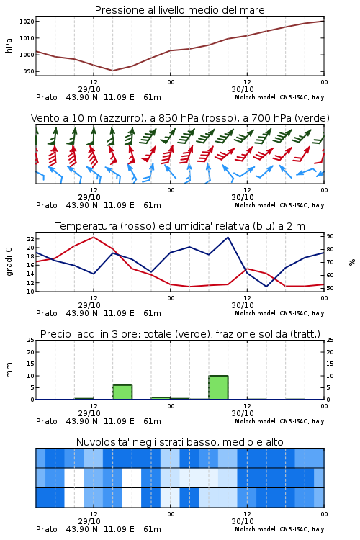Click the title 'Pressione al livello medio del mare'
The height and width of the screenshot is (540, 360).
[x=179, y=10]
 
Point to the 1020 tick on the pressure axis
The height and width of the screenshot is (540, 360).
[x=27, y=22]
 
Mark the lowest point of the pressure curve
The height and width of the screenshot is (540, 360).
[x=112, y=71]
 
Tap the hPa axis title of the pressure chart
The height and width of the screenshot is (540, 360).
[x=9, y=45]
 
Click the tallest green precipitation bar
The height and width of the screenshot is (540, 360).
[x=218, y=387]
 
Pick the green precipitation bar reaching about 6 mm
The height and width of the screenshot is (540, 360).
[x=122, y=392]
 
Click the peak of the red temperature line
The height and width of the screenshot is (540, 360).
[x=94, y=237]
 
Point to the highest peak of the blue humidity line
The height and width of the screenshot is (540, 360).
[x=228, y=237]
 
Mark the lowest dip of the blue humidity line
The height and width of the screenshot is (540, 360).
[x=266, y=287]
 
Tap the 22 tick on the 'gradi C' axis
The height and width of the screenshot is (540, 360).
[x=31, y=239]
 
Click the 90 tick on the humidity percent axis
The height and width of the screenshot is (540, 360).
[x=330, y=236]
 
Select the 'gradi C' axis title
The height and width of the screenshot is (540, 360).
[x=9, y=262]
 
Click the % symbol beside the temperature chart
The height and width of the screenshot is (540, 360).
[x=352, y=262]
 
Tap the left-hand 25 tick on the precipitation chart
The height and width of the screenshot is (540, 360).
[x=31, y=340]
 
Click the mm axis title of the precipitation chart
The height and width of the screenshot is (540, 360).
[x=9, y=370]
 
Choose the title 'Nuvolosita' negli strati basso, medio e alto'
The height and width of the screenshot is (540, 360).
[x=179, y=442]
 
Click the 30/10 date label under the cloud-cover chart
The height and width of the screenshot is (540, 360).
[x=243, y=521]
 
